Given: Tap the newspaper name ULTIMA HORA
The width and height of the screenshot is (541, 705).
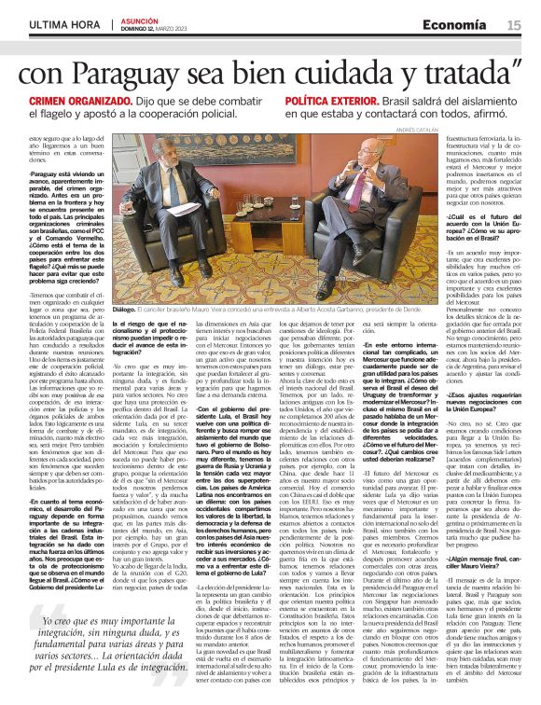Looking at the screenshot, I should point(64,24).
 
